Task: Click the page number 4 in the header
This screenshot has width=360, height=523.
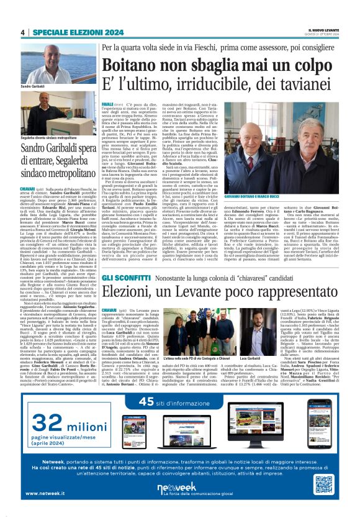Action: (x=23, y=32)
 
